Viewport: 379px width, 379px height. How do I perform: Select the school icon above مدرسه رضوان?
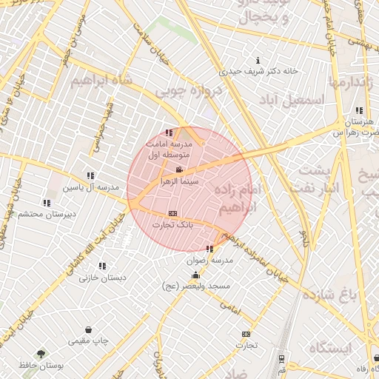pos(209,249)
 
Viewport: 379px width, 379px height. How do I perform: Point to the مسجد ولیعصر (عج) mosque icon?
pos(195,275)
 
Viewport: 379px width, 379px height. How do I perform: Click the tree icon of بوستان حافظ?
pos(40,354)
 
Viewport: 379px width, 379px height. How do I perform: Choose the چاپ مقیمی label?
pos(89,341)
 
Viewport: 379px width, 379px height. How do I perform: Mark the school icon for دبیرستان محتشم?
pos(47,203)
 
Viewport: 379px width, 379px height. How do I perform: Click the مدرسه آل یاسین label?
pos(90,187)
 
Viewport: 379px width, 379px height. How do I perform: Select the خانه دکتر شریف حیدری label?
pos(258,71)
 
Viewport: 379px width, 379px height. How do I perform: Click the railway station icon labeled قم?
pos(281,358)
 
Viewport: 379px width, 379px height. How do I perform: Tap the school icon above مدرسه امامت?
pos(170,133)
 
